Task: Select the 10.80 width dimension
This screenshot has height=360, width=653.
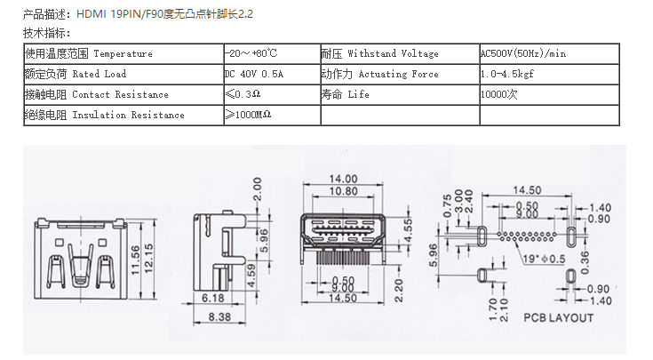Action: (343, 190)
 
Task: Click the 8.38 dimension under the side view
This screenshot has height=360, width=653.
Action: (218, 316)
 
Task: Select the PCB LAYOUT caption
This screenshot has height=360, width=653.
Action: (558, 317)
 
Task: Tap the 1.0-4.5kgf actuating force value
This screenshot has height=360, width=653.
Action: (510, 74)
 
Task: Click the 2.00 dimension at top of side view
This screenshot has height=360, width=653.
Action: (257, 188)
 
